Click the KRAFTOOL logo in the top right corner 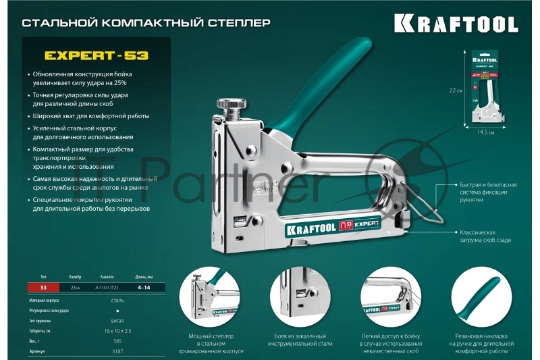tap(456, 25)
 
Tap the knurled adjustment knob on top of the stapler tap(234, 106)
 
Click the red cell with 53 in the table tap(45, 287)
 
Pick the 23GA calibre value tap(74, 287)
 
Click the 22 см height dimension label tap(456, 90)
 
